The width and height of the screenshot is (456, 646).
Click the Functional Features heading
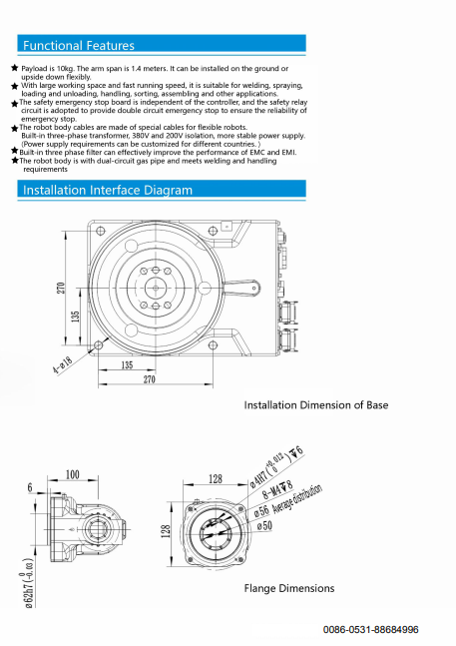pos(79,45)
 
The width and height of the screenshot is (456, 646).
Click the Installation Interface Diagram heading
pos(108,190)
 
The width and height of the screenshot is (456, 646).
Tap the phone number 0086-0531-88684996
pos(370,629)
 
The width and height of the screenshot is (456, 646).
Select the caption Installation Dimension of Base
pos(316,405)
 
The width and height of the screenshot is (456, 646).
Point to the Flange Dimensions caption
pos(289,588)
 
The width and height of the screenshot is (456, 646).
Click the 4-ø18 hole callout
pos(63,364)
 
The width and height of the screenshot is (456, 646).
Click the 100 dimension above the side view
pos(73,474)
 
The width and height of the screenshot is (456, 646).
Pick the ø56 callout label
pos(261,510)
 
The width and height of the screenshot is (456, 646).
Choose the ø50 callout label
pos(264,525)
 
